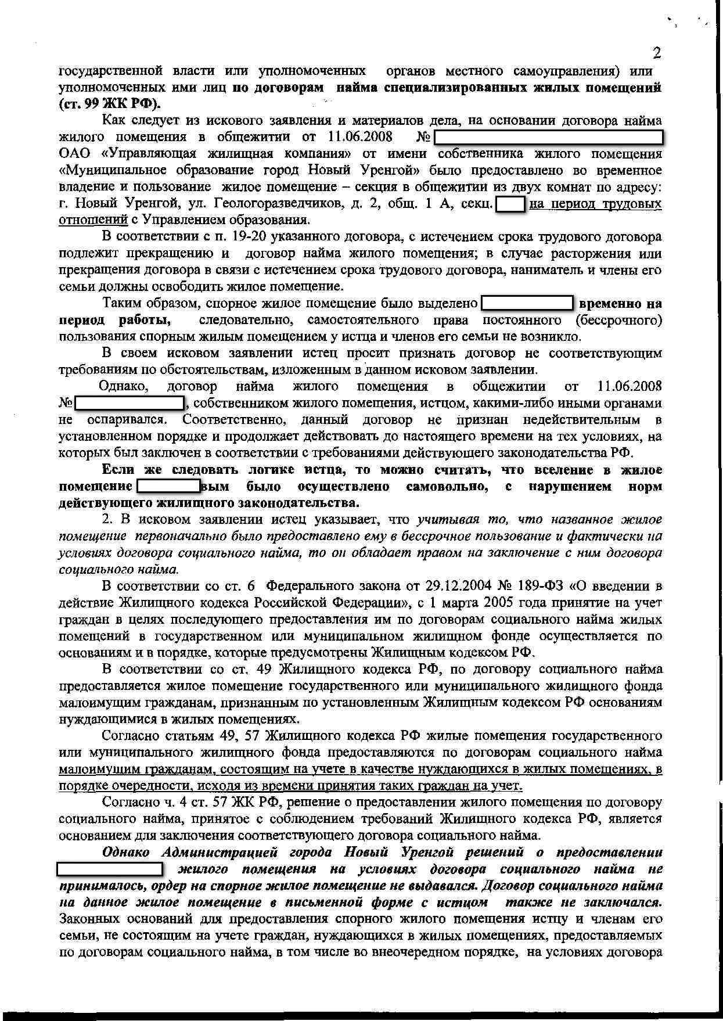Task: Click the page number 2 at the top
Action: [657, 53]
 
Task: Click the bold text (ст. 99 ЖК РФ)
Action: [110, 104]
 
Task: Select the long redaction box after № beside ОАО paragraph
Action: [549, 138]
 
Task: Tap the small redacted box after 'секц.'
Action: [510, 204]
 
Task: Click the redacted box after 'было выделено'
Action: [527, 303]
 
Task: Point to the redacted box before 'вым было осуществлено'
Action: [168, 486]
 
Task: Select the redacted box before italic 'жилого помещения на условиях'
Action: [110, 869]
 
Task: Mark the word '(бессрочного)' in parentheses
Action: [618, 320]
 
